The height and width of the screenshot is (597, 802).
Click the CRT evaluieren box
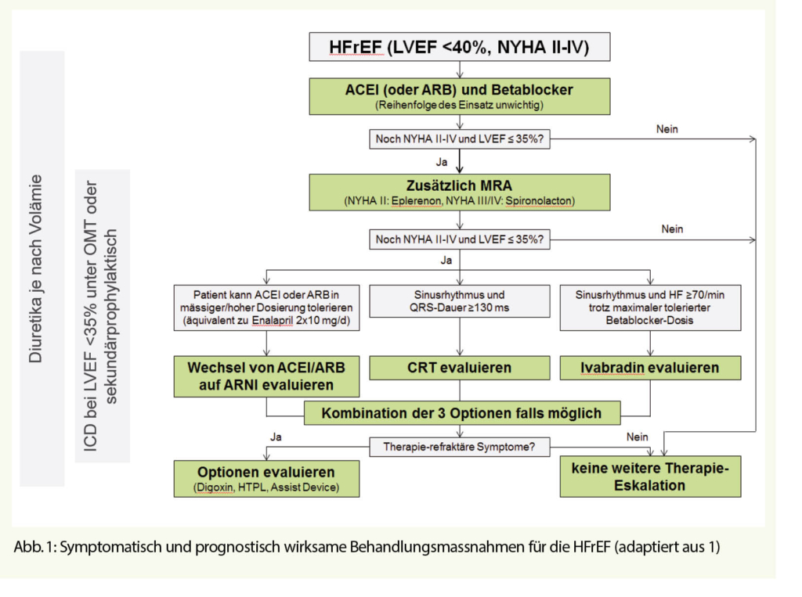pyautogui.click(x=459, y=367)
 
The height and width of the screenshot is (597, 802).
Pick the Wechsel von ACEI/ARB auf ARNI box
pyautogui.click(x=267, y=376)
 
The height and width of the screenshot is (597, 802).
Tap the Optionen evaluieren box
pyautogui.click(x=266, y=479)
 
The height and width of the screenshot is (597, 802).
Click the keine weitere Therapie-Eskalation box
pyautogui.click(x=650, y=477)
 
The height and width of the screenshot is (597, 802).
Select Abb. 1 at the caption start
pyautogui.click(x=31, y=547)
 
